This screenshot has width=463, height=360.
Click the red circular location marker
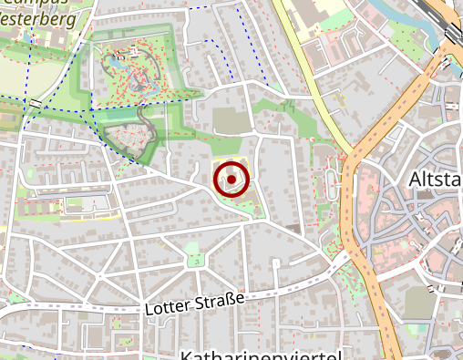(231, 180)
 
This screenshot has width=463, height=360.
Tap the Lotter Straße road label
(194, 304)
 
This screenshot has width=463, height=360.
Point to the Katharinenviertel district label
(261, 355)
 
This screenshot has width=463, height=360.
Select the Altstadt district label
(436, 178)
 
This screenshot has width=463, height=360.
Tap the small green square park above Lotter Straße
(194, 262)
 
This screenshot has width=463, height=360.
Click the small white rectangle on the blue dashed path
(36, 103)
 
